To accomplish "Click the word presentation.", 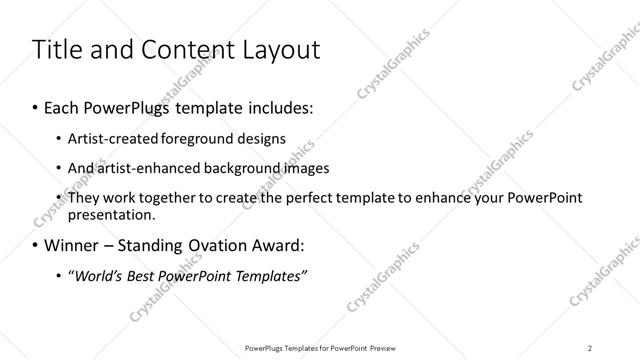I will point(111,214).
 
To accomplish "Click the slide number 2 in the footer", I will point(590,347).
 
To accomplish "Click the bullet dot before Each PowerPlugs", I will point(36,105).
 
